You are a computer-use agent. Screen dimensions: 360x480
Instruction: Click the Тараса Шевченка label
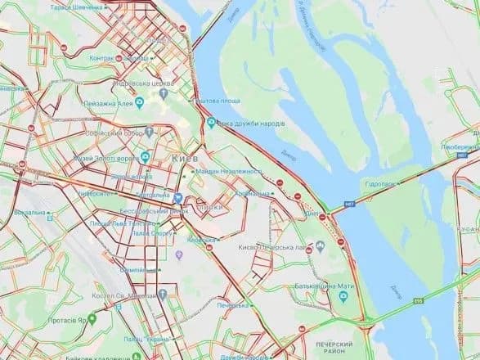77,7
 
